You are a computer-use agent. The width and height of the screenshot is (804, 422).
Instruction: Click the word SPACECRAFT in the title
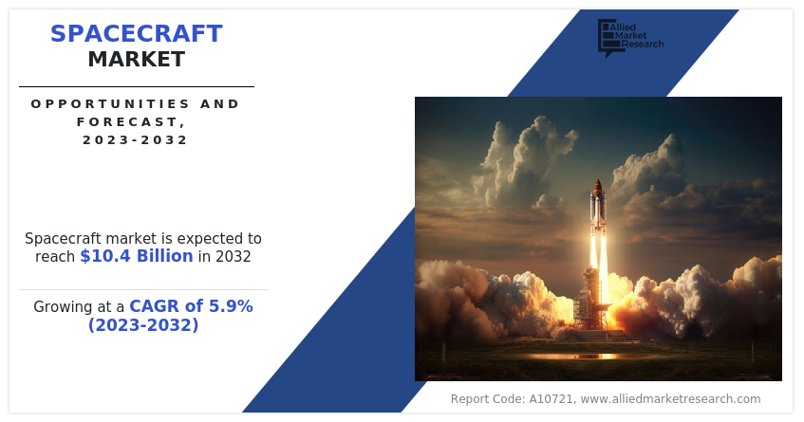point(136,34)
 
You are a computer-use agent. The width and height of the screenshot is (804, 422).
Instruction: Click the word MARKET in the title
point(136,60)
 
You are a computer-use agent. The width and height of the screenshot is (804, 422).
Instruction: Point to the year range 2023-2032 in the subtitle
point(136,139)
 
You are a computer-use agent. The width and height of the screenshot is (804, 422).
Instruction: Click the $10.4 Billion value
point(136,256)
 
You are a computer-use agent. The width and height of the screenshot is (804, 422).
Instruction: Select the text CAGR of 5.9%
point(191,306)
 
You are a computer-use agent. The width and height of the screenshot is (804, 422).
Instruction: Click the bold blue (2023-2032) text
point(143,325)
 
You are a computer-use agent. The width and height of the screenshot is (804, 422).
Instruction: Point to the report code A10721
point(551,399)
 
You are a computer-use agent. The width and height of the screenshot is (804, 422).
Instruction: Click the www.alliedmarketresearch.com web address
point(670,399)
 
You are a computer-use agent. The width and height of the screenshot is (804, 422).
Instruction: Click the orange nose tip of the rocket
point(598,184)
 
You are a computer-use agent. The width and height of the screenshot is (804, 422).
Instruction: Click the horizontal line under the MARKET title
point(136,86)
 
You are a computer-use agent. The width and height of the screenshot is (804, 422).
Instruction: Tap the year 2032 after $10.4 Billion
point(233,256)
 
